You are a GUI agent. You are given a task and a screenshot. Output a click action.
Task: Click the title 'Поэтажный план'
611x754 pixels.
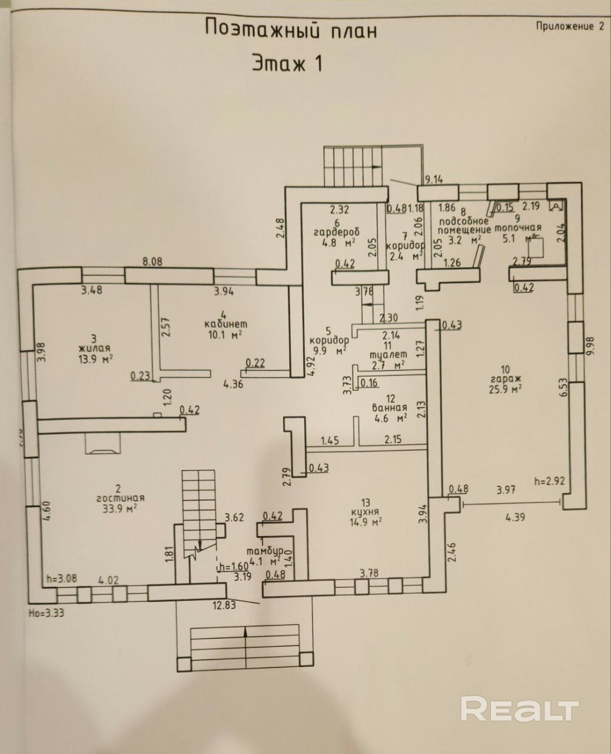click(290, 28)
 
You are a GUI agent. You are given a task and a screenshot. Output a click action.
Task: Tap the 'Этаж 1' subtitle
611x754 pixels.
click(287, 62)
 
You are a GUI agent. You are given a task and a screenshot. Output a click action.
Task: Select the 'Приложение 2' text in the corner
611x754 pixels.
click(569, 26)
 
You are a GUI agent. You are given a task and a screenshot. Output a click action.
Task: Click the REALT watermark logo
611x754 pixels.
click(520, 709)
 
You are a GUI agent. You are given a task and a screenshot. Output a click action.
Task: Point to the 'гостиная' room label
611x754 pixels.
click(119, 498)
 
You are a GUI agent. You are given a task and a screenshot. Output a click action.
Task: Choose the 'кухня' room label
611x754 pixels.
click(366, 511)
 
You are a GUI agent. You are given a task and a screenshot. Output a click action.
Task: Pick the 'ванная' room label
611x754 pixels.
click(390, 408)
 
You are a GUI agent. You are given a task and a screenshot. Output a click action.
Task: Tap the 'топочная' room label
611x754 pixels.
click(517, 229)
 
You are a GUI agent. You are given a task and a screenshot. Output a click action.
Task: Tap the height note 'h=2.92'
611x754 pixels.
click(549, 481)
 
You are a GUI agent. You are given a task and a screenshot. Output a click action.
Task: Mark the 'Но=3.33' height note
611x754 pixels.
click(45, 612)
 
